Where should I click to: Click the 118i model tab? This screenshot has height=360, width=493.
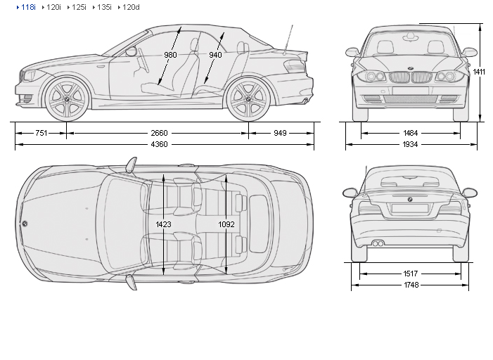pyautogui.click(x=28, y=7)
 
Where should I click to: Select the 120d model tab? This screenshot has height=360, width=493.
pyautogui.click(x=130, y=7)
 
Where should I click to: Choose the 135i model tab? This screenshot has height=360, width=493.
pyautogui.click(x=103, y=7)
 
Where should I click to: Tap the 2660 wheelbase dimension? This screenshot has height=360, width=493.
pyautogui.click(x=160, y=132)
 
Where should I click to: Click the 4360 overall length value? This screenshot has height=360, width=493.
pyautogui.click(x=160, y=145)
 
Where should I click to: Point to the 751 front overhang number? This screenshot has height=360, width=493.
pyautogui.click(x=41, y=132)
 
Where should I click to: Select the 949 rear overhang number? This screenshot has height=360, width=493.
pyautogui.click(x=281, y=132)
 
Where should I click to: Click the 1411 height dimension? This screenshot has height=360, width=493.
pyautogui.click(x=479, y=72)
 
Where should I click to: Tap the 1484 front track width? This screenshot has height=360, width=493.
pyautogui.click(x=411, y=132)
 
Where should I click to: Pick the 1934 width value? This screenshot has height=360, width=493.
pyautogui.click(x=411, y=145)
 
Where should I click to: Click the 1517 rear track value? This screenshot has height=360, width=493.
pyautogui.click(x=411, y=274)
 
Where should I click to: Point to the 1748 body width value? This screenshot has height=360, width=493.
pyautogui.click(x=411, y=285)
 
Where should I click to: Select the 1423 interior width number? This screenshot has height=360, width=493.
pyautogui.click(x=164, y=225)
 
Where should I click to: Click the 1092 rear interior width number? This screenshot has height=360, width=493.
pyautogui.click(x=226, y=225)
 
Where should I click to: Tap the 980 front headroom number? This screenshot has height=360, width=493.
pyautogui.click(x=171, y=55)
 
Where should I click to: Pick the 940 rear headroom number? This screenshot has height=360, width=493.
pyautogui.click(x=215, y=55)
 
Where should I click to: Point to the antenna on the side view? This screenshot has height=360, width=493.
pyautogui.click(x=288, y=39)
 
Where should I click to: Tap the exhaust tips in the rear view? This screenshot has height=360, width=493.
pyautogui.click(x=378, y=243)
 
